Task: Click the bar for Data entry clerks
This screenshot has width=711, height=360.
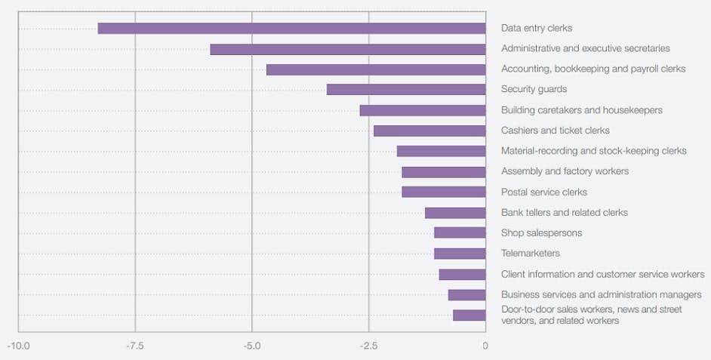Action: pos(291,29)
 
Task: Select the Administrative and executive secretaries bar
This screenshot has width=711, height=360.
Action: pos(347,49)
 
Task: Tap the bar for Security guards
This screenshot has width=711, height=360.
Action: pos(406,90)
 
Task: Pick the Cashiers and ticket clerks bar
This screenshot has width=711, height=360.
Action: pos(429,131)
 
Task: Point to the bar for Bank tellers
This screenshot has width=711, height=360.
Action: pos(455,213)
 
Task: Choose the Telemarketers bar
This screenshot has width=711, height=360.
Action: pos(460,254)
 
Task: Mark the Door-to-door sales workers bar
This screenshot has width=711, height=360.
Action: pos(469,315)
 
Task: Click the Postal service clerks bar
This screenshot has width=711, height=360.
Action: pos(443,192)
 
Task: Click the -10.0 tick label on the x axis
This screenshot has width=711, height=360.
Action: pos(18,346)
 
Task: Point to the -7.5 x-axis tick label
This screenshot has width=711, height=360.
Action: pos(135,346)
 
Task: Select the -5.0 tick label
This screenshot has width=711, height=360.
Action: pos(252,346)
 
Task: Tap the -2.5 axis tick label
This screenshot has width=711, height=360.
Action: pos(369,346)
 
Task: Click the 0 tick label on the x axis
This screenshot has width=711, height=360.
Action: pos(485,346)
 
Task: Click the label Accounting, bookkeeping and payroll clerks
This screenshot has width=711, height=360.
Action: pos(593,69)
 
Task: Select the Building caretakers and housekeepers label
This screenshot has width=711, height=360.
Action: pos(582,110)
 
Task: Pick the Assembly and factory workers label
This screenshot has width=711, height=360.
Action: pos(565,171)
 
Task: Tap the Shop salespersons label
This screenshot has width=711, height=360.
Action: pos(541,233)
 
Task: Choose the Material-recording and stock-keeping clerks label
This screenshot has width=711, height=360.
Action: pos(594,151)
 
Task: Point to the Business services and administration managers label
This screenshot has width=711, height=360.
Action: pos(602,294)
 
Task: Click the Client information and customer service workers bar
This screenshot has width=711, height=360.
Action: pos(462,274)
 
